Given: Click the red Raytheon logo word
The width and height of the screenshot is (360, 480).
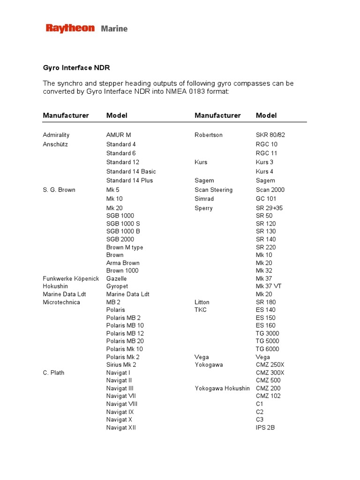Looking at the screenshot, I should [x=70, y=29].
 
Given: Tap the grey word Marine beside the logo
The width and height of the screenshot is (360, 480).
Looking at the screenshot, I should [x=114, y=29].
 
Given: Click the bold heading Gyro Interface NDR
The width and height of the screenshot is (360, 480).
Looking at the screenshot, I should [x=76, y=68].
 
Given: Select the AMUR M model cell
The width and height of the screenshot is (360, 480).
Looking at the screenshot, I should [x=119, y=135].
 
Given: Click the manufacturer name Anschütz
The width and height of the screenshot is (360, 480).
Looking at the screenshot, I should [x=55, y=144].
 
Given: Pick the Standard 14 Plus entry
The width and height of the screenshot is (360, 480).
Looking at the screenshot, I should [x=129, y=180].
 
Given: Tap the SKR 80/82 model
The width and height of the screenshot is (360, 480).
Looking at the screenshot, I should [x=270, y=135].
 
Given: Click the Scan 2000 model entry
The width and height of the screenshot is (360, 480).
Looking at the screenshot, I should [x=270, y=190].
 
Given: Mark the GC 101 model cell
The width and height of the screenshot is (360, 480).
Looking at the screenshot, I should [x=266, y=199].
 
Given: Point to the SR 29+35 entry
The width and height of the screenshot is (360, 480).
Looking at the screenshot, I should [x=269, y=208].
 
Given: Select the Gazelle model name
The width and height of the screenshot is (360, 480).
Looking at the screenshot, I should [x=117, y=278].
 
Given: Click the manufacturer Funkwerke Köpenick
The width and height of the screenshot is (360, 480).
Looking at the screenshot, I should [x=71, y=278].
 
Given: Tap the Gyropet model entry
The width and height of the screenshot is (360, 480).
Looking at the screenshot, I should [x=117, y=286].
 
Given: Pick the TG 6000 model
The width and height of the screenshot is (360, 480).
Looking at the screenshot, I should [x=267, y=349].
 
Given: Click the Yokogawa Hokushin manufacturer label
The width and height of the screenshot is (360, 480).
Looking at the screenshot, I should [x=222, y=388].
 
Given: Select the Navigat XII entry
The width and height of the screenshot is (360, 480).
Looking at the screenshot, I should [x=121, y=427].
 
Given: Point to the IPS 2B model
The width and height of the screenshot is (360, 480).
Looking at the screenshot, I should [x=265, y=427].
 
